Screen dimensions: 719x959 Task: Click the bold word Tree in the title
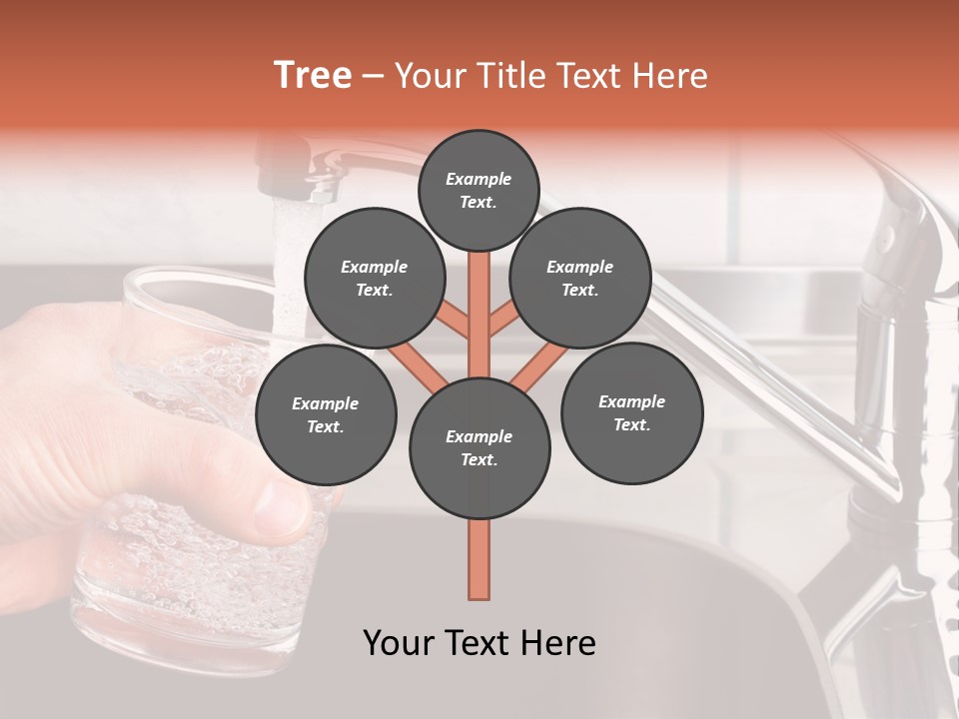(313, 76)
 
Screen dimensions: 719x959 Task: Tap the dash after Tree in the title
(373, 77)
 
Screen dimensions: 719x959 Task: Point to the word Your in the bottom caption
(398, 643)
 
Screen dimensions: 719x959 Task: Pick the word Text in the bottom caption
(476, 643)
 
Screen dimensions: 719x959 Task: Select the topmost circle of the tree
(479, 190)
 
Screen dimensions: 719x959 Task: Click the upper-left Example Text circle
(374, 278)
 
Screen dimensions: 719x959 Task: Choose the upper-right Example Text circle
(580, 278)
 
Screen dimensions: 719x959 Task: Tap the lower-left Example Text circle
(326, 414)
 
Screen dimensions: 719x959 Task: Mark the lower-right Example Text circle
(631, 412)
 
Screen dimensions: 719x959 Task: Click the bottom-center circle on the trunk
(479, 447)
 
